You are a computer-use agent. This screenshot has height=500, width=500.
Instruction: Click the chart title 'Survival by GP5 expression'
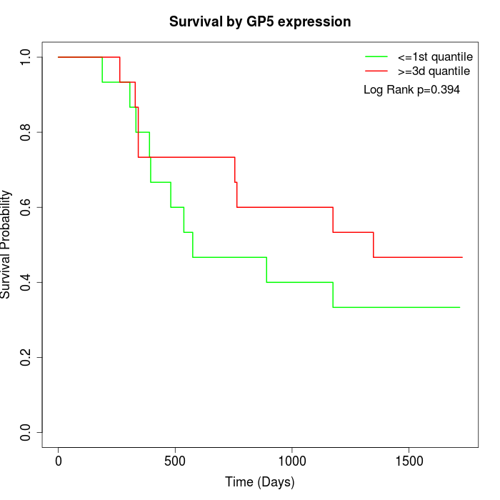pos(260,22)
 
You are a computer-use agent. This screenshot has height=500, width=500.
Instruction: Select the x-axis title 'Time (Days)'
pos(260,482)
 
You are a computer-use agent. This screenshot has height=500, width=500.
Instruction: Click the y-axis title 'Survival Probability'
pos(6,244)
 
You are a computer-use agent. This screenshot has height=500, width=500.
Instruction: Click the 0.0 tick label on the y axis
pos(26,432)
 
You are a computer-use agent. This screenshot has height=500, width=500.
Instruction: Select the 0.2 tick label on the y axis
pos(26,357)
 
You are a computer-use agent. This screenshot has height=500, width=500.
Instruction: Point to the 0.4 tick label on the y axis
pos(26,282)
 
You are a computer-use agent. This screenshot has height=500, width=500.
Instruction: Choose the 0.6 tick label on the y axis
pos(26,207)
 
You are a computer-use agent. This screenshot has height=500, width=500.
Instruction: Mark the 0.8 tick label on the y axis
pos(26,132)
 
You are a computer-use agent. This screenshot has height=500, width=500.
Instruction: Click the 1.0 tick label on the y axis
pos(26,57)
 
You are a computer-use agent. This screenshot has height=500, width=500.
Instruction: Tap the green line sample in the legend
pos(376,56)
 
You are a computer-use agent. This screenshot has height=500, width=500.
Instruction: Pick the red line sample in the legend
pos(376,71)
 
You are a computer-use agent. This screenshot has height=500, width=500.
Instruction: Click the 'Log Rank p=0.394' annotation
pos(411,90)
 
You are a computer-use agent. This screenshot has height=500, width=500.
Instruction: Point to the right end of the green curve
pos(459,307)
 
